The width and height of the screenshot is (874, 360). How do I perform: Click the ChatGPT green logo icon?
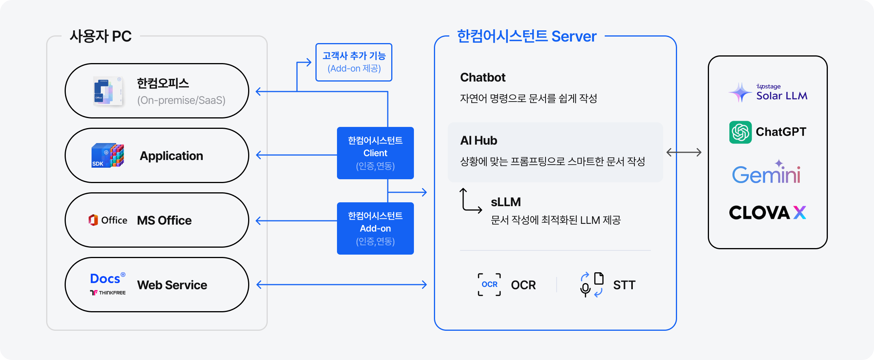pyautogui.click(x=740, y=132)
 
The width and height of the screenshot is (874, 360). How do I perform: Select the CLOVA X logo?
pyautogui.click(x=767, y=213)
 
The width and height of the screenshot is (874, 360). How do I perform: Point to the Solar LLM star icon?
pyautogui.click(x=740, y=93)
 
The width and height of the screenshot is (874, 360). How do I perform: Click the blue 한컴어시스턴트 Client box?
pyautogui.click(x=375, y=153)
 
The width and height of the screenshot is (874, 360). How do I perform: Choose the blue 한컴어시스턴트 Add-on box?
pyautogui.click(x=375, y=228)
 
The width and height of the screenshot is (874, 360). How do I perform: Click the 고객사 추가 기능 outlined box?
pyautogui.click(x=354, y=62)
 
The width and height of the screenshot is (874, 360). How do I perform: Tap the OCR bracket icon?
pyautogui.click(x=489, y=285)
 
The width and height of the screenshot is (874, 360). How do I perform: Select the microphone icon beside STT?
pyautogui.click(x=585, y=289)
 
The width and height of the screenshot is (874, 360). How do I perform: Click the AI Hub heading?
pyautogui.click(x=479, y=141)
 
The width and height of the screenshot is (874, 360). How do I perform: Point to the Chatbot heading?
pyautogui.click(x=482, y=78)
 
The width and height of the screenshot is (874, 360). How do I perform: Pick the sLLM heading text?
pyautogui.click(x=505, y=202)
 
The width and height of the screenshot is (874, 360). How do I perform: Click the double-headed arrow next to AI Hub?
pyautogui.click(x=684, y=152)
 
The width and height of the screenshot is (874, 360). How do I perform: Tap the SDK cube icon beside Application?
pyautogui.click(x=108, y=155)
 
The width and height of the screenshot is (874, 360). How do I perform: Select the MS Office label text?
pyautogui.click(x=164, y=220)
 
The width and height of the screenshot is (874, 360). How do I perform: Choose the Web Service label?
pyautogui.click(x=172, y=285)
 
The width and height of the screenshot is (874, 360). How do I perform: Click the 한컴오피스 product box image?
pyautogui.click(x=108, y=91)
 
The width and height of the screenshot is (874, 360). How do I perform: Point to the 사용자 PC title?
pyautogui.click(x=100, y=37)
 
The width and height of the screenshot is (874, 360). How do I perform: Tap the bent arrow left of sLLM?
pyautogui.click(x=470, y=201)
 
